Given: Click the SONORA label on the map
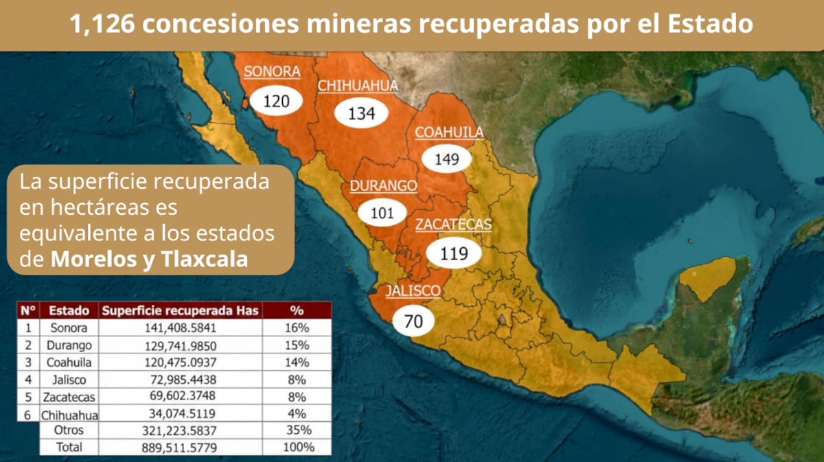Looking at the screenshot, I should (x=272, y=71).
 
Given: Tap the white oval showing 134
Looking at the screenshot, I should (x=362, y=113).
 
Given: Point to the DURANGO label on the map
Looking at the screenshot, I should (x=383, y=186).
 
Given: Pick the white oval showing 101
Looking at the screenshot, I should (x=382, y=213).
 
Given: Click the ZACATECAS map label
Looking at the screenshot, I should (x=453, y=224).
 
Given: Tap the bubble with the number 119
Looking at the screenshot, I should (x=454, y=253).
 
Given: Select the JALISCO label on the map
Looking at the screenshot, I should (x=413, y=291).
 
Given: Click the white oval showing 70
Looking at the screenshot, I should (x=413, y=320).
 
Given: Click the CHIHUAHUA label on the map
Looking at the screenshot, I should (x=358, y=86).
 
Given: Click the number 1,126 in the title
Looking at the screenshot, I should (x=103, y=25).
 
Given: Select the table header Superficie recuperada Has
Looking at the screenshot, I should (x=180, y=310).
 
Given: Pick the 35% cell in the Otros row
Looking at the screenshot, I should (x=297, y=430).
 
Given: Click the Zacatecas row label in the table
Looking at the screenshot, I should (x=68, y=397).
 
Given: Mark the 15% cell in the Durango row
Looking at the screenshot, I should (x=297, y=345).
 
